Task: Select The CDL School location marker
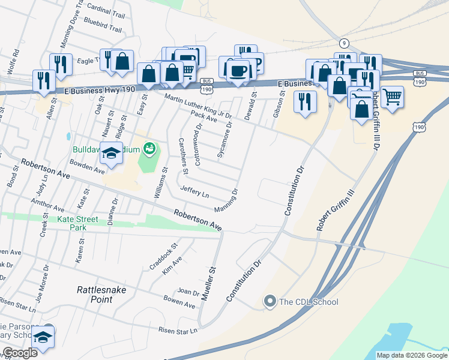(x=270, y=301)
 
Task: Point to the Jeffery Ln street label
(x=194, y=192)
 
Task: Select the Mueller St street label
(x=208, y=284)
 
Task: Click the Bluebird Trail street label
(x=103, y=28)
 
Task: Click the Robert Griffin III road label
(x=336, y=209)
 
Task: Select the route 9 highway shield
(x=343, y=43)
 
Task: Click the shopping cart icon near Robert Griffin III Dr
(x=392, y=95)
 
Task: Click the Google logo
(x=19, y=353)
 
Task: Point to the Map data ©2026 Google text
(x=412, y=355)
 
